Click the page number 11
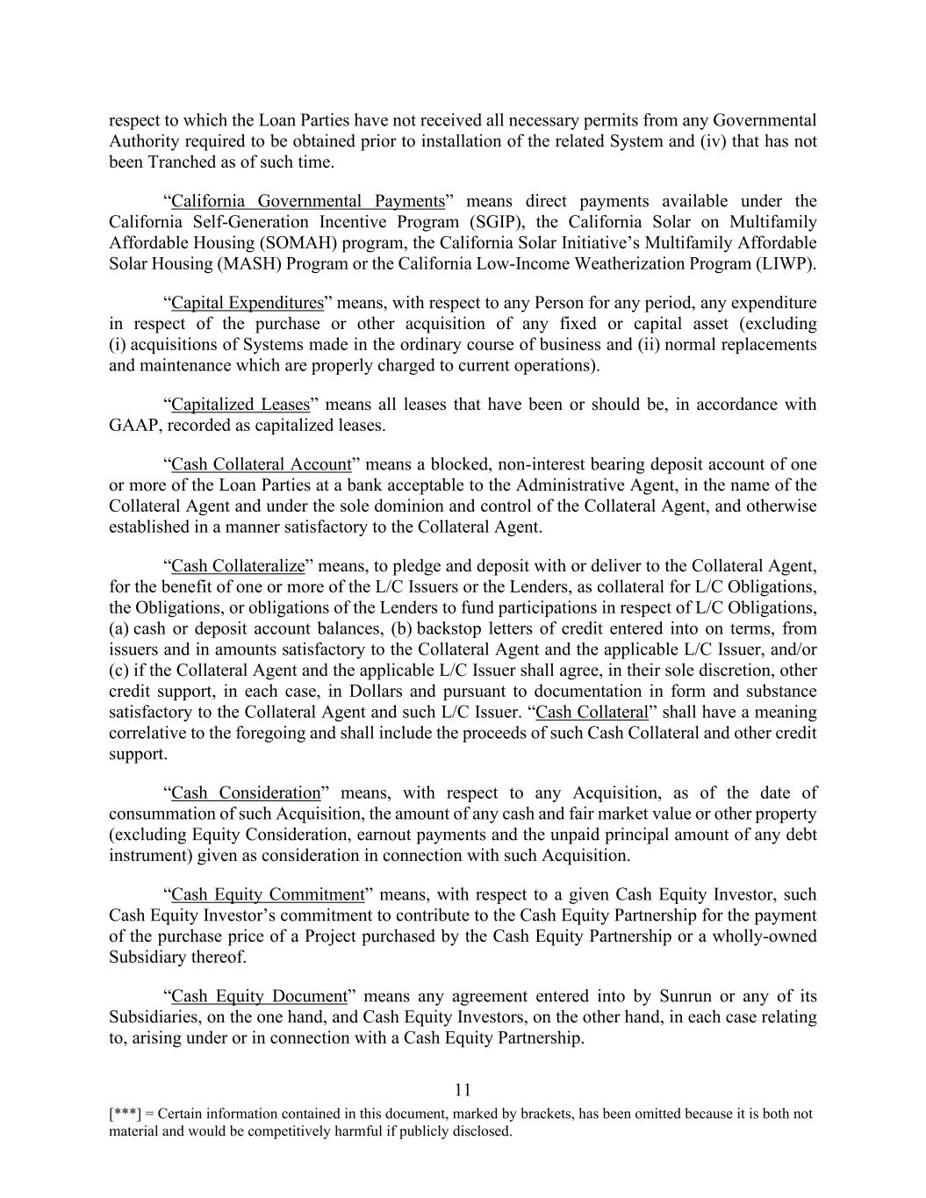463,1090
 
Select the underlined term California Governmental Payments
307,201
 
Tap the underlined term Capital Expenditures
248,303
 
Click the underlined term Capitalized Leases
240,405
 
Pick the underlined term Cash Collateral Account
261,464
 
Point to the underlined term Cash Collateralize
238,566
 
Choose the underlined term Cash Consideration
246,793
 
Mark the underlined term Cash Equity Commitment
267,894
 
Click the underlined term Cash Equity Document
259,996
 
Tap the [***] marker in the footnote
123,1114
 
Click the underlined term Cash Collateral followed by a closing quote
591,712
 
